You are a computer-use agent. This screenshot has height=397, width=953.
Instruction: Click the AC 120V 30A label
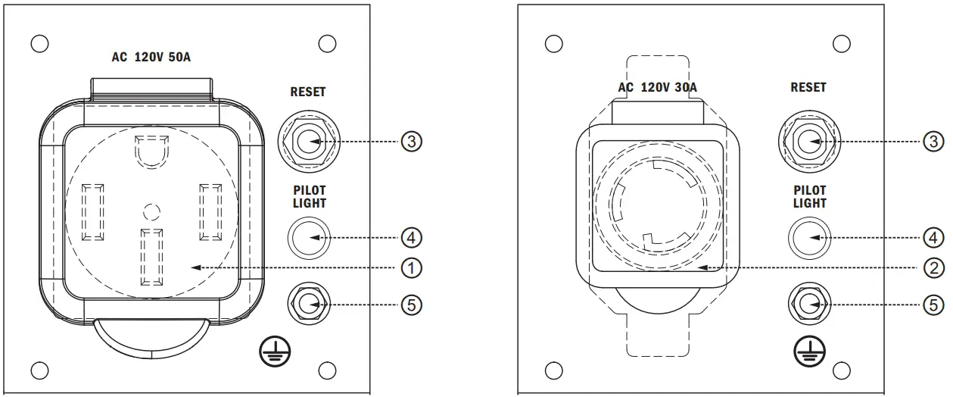[657, 87]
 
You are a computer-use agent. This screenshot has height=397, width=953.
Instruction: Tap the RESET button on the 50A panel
[308, 142]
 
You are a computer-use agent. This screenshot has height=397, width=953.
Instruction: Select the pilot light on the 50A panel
[308, 238]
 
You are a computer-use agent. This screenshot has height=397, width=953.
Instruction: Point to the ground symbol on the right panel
[810, 349]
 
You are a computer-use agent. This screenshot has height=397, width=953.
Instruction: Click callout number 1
[411, 267]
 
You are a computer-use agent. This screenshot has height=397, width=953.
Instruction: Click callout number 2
[934, 267]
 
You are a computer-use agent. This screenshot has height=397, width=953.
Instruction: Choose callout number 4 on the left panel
[411, 238]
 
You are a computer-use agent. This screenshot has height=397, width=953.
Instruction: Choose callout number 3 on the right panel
[934, 142]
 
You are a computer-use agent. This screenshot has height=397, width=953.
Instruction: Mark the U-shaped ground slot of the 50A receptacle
[152, 152]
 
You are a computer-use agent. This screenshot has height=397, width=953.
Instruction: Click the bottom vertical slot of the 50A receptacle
[152, 256]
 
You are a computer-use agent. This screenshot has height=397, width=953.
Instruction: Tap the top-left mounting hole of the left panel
[39, 42]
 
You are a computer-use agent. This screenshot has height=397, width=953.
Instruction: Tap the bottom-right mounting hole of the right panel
[841, 370]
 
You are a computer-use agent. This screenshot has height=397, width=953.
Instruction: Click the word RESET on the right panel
[808, 87]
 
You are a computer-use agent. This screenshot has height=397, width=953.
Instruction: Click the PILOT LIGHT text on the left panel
[308, 196]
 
